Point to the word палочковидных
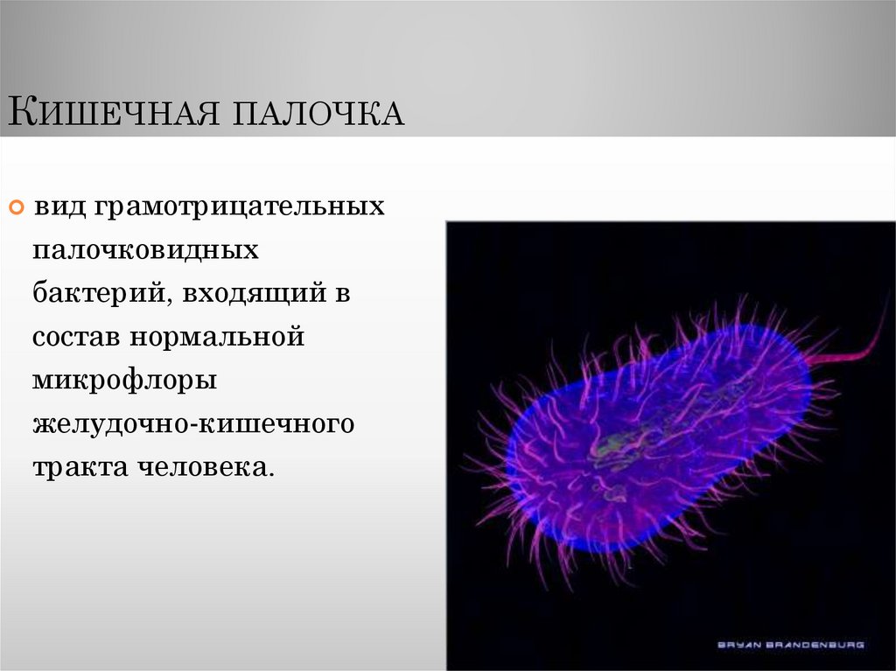click(146, 250)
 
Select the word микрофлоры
click(120, 380)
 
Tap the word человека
click(204, 465)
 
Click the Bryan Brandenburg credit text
click(790, 645)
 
